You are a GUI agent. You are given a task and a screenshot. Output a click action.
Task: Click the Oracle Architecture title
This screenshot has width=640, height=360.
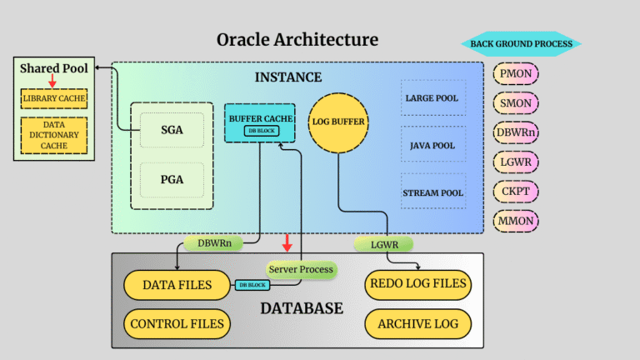297,40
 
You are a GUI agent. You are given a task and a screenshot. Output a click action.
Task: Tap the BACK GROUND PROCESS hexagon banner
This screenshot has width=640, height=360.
521,44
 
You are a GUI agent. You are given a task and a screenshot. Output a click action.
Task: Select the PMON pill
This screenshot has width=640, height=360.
517,74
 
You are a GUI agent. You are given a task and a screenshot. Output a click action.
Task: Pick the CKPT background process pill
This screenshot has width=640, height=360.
517,191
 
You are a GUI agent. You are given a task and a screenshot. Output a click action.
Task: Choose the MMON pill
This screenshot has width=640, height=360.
517,220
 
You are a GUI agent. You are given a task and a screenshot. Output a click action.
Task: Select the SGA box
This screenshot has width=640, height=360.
171,130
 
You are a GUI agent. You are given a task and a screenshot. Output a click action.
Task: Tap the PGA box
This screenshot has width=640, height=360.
171,178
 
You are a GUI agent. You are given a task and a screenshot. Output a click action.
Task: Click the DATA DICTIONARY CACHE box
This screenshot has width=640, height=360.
54,134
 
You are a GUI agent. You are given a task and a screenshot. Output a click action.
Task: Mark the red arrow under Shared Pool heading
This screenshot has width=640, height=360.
52,80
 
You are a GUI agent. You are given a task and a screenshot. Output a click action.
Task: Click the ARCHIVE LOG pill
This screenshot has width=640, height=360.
417,322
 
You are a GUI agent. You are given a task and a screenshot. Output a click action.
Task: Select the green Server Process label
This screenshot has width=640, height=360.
301,269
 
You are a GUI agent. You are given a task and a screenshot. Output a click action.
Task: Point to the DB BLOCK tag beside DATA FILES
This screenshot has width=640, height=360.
252,285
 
